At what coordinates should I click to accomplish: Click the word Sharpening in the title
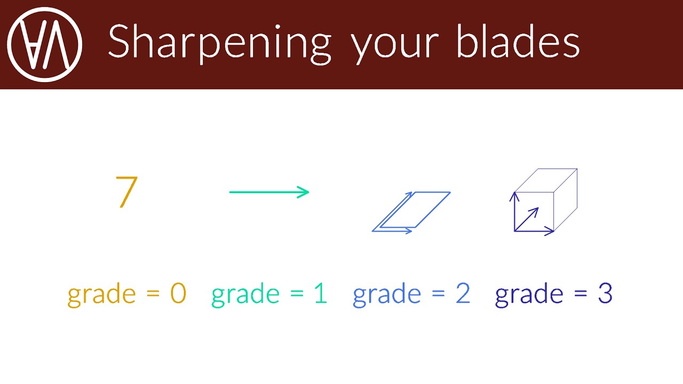click(x=219, y=44)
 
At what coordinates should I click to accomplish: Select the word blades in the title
click(x=518, y=41)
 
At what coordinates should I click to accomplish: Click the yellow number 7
click(x=126, y=192)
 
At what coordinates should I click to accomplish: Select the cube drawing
click(x=543, y=202)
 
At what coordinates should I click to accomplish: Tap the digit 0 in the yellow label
click(x=178, y=293)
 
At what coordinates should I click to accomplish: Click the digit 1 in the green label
click(x=321, y=293)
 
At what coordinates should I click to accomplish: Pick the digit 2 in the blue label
click(x=463, y=293)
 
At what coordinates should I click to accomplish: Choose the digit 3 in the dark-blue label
click(x=605, y=293)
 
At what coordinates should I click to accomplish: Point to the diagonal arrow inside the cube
click(x=527, y=219)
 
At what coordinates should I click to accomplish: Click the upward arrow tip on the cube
click(x=514, y=193)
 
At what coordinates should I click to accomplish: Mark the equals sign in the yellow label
click(x=153, y=293)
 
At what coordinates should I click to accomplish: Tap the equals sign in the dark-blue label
click(x=581, y=293)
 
